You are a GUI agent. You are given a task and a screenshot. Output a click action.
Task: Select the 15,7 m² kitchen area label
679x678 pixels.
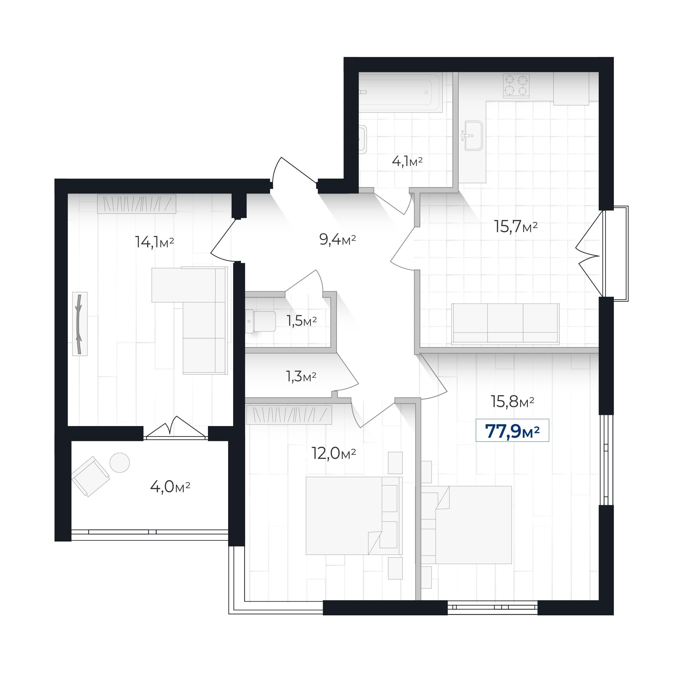coord(516,226)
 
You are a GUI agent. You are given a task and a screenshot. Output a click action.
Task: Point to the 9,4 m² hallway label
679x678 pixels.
coord(337,239)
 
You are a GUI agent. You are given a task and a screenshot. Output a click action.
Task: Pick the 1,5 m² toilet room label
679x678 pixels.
coord(302,321)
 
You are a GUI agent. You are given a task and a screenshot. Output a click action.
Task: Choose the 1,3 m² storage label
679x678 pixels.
coord(301,376)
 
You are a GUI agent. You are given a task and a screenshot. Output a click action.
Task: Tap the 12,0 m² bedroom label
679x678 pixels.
coord(333,453)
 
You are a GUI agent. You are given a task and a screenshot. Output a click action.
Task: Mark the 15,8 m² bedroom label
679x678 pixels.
coord(512,401)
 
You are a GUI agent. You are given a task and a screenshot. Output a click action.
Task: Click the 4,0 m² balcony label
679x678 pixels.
coord(170,487)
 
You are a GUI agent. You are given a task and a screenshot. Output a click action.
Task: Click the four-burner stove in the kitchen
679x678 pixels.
coord(516,86)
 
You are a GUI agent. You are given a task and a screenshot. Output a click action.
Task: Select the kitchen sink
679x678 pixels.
coord(473,136)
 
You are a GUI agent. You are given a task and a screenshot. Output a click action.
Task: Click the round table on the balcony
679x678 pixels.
coord(119,462)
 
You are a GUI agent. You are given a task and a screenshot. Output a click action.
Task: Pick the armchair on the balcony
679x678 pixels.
coord(91,476)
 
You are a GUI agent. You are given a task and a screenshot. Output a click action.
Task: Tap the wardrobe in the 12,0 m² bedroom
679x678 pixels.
coord(289,415)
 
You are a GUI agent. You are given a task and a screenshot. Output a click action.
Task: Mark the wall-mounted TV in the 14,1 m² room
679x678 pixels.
coord(80,324)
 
